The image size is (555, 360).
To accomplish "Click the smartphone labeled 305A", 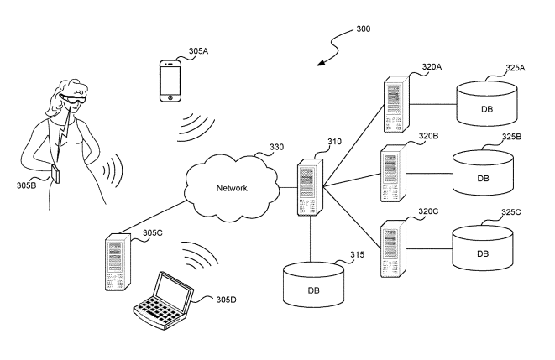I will pyautogui.click(x=171, y=81).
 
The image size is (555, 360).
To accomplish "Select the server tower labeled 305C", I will pyautogui.click(x=118, y=263).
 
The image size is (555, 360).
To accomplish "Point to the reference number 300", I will pyautogui.click(x=361, y=29).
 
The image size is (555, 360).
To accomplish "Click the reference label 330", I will pyautogui.click(x=276, y=148).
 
